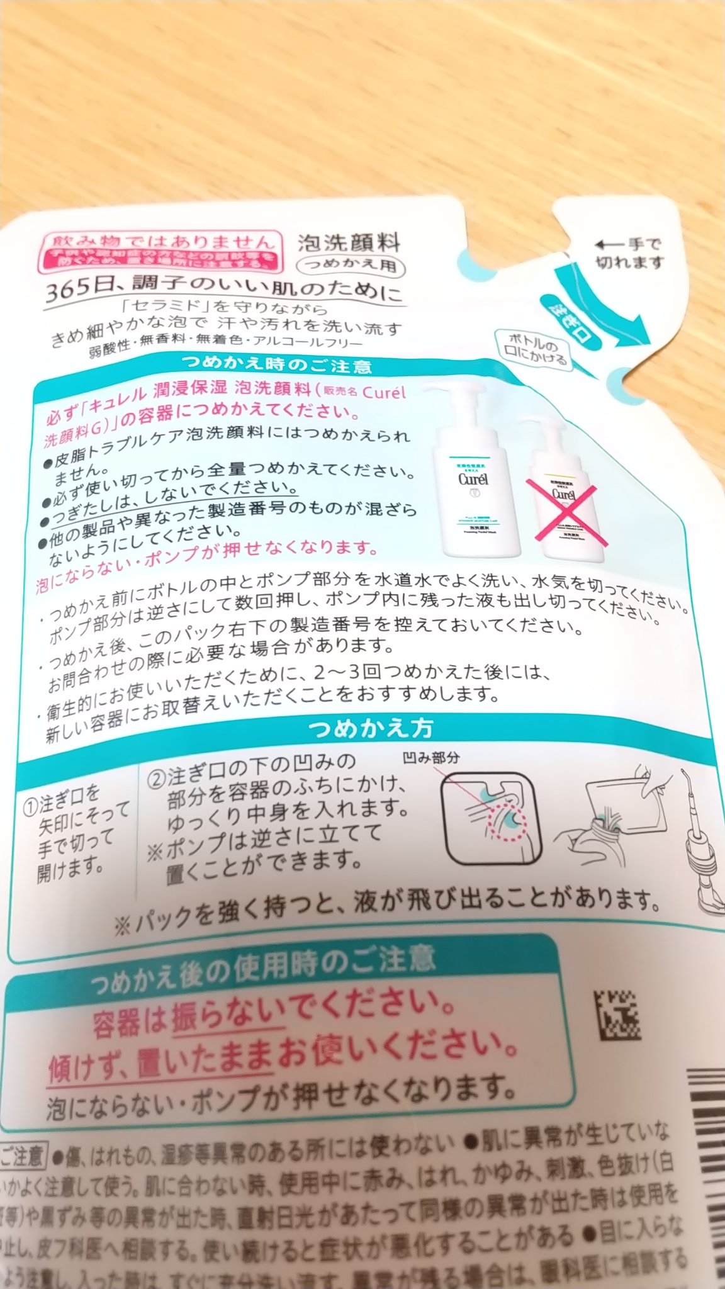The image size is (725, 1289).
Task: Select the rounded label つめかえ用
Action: click(351, 265)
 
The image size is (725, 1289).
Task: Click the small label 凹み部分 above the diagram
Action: click(431, 757)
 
